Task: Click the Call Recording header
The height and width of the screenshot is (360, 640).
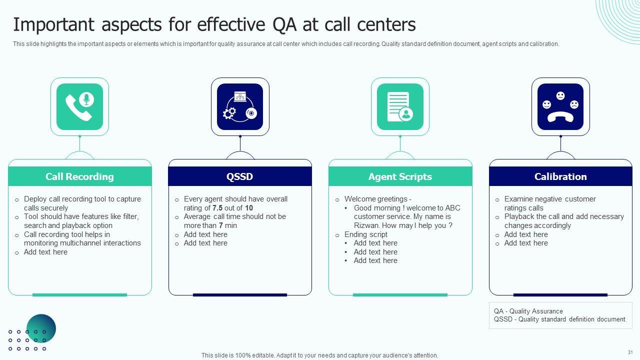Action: [x=79, y=176]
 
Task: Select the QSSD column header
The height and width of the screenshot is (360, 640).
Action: [x=239, y=176]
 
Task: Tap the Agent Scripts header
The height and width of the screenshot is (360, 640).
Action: [x=400, y=176]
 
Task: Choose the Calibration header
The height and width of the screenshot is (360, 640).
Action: [x=560, y=176]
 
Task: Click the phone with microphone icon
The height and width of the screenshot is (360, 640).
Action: [x=79, y=106]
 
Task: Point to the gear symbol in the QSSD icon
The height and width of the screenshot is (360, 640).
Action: [x=229, y=113]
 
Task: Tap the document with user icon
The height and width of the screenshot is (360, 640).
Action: [x=400, y=107]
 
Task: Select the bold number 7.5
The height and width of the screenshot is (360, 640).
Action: [x=217, y=208]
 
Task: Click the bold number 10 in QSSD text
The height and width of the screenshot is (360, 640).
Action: [x=249, y=208]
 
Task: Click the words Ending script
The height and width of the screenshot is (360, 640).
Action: [x=365, y=234]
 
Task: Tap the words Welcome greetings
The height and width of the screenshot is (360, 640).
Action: [x=375, y=199]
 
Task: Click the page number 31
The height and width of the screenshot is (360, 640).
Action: [x=630, y=352]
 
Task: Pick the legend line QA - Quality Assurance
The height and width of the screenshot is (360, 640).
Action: [x=528, y=311]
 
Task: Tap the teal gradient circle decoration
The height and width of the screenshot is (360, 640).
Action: [x=41, y=328]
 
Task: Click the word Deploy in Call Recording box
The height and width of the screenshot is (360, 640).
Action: [x=35, y=199]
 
